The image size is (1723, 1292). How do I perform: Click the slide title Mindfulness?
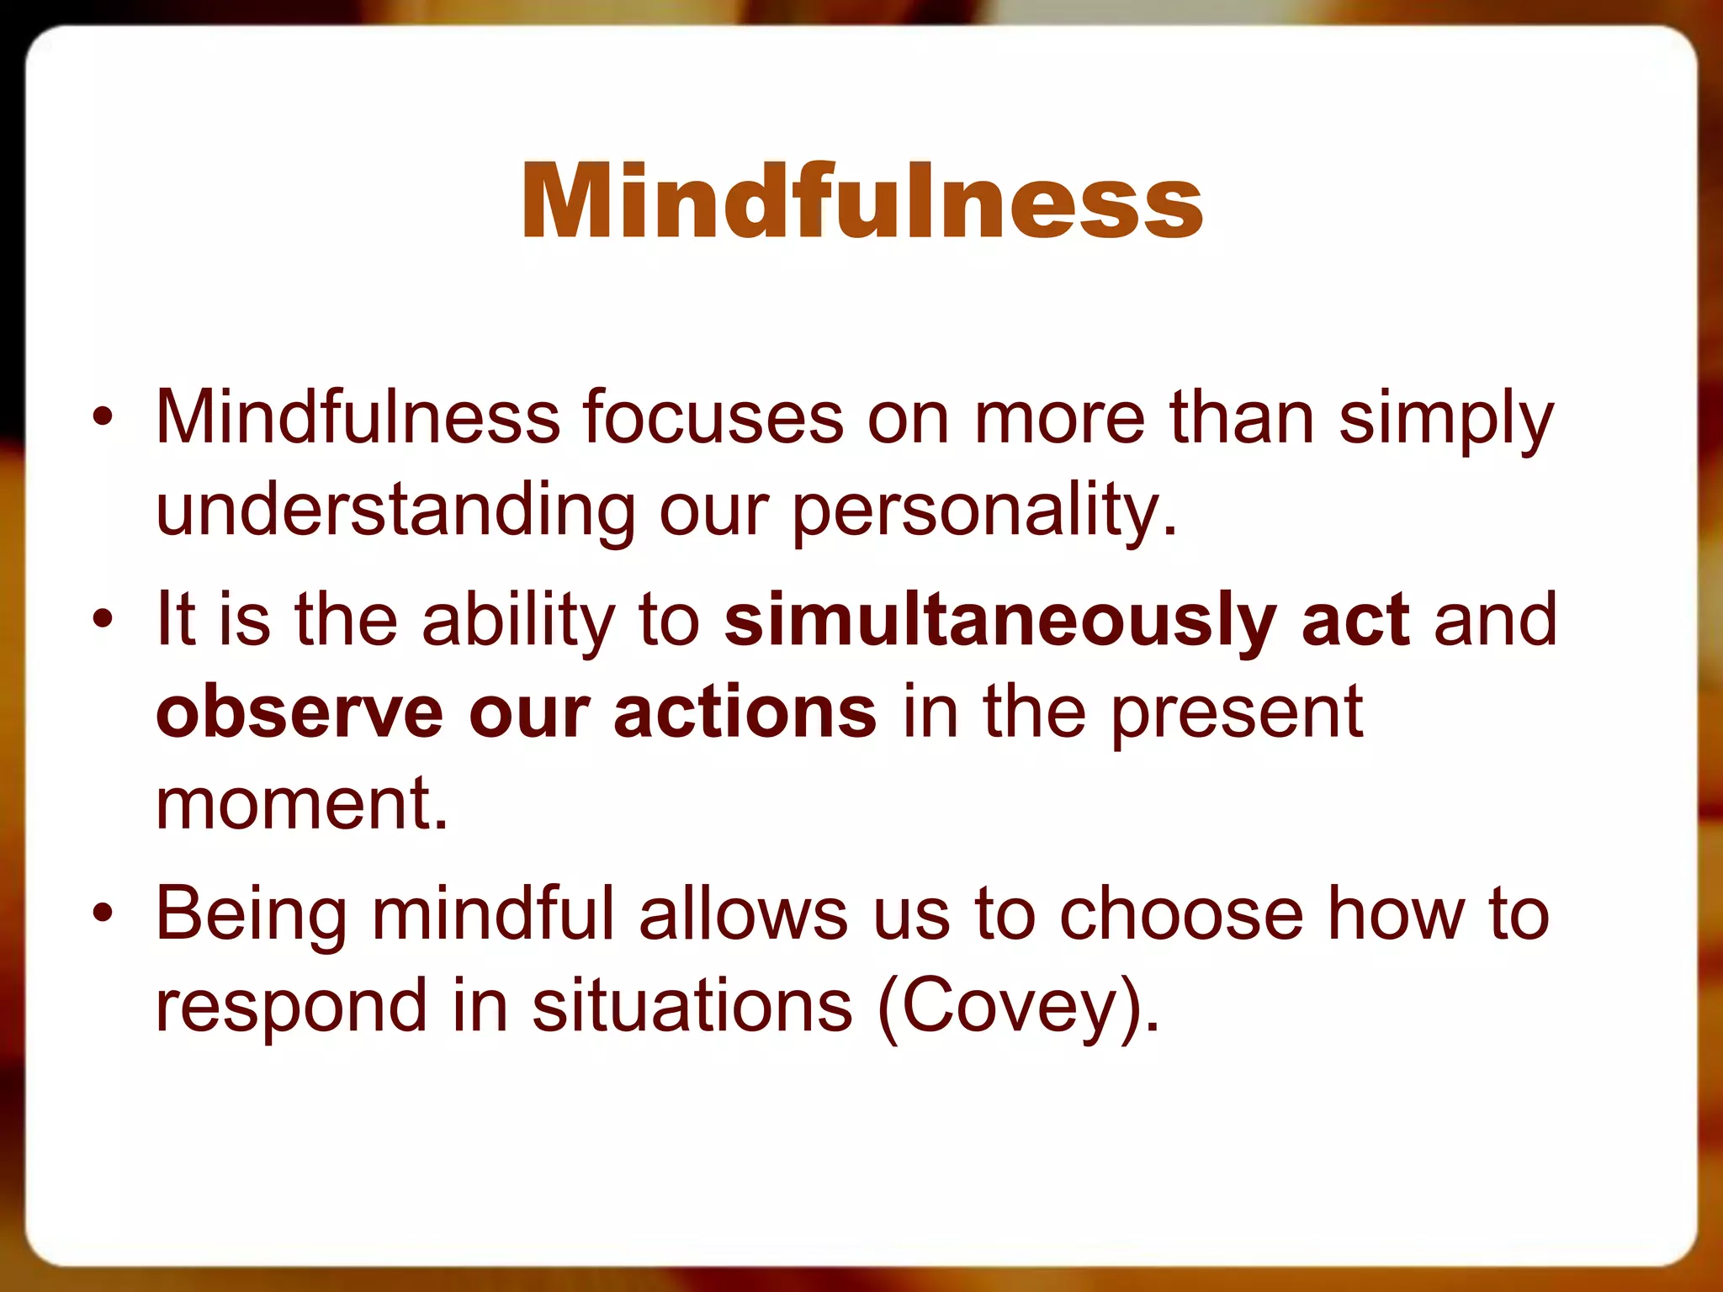click(x=861, y=202)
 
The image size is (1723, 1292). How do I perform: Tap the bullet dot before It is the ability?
click(x=102, y=620)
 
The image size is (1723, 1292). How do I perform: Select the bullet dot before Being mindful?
click(x=102, y=913)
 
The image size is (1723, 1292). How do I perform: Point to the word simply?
click(x=1445, y=421)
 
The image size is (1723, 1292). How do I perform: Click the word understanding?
click(x=395, y=511)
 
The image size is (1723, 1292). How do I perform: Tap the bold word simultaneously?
click(x=1000, y=621)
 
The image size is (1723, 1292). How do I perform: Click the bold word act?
click(x=1355, y=620)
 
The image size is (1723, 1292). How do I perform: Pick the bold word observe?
click(x=299, y=712)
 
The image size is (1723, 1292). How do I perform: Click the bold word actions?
click(x=745, y=712)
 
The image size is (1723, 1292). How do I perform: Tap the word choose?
click(x=1180, y=913)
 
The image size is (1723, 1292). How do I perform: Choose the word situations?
click(x=692, y=1006)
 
